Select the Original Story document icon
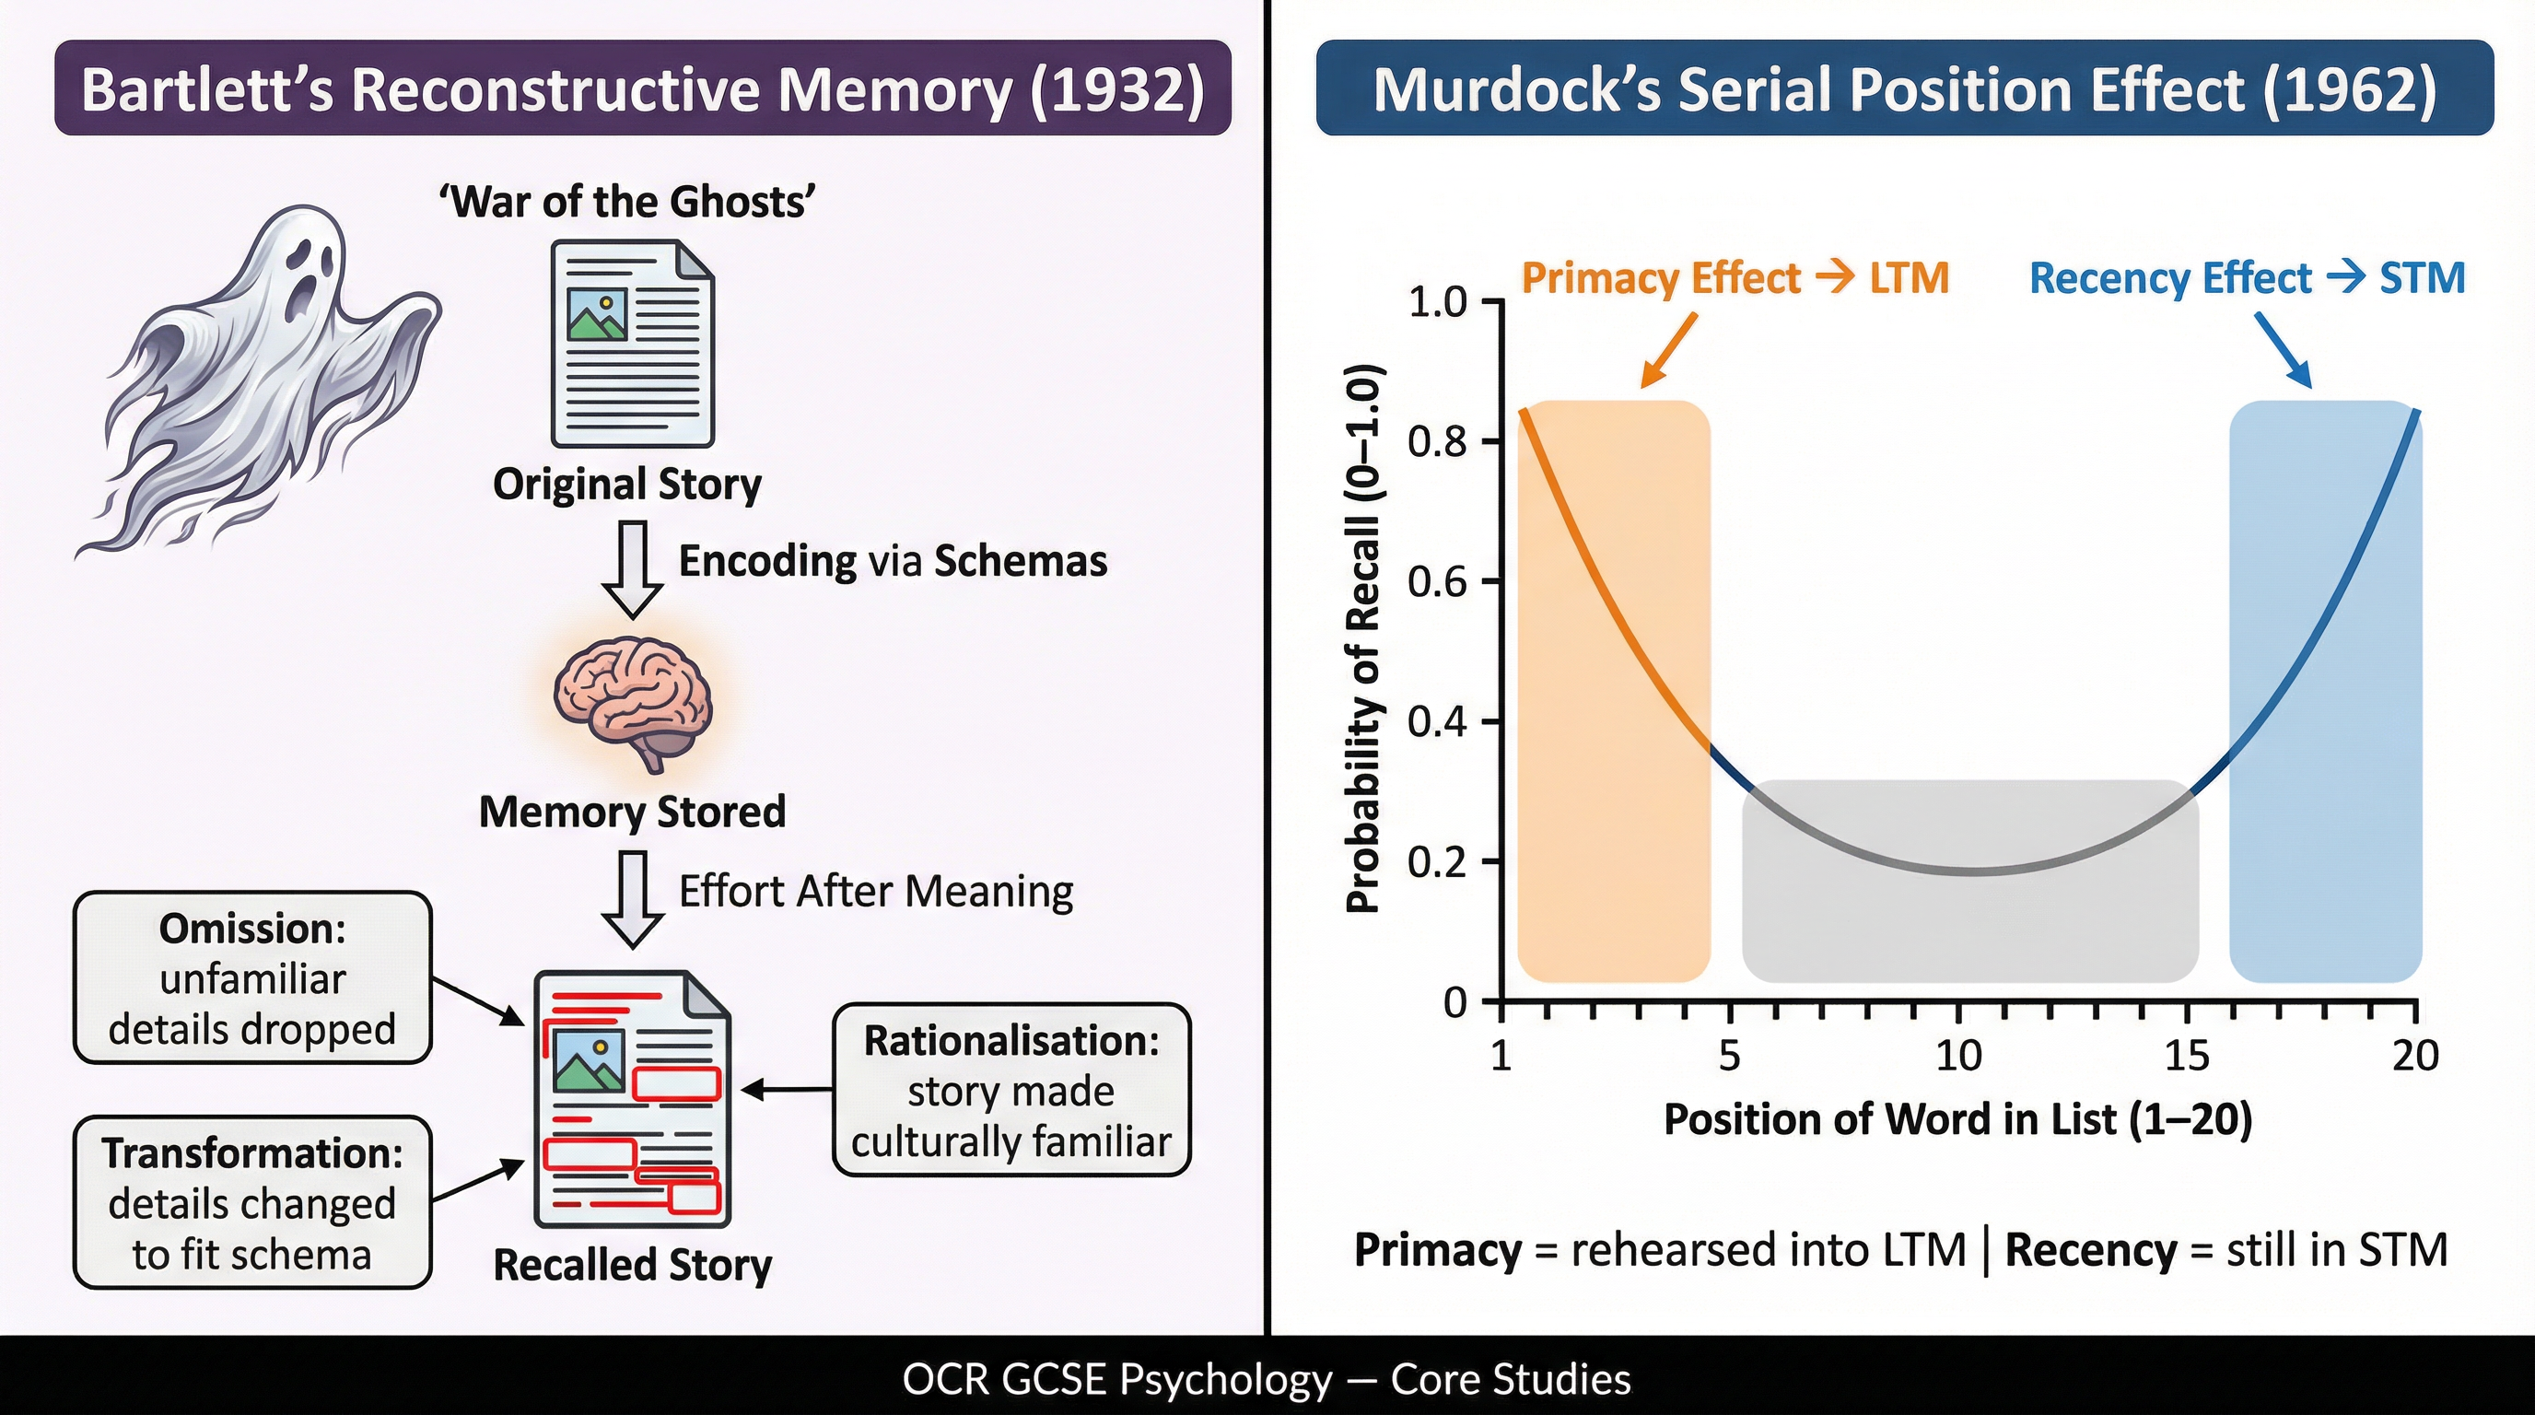632,345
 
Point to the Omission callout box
253,978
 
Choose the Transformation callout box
253,1202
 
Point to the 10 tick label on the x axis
1958,1056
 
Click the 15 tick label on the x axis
2187,1056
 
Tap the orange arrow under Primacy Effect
1670,350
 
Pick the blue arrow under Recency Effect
2284,350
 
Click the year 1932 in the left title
1117,89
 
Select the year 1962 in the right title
2349,89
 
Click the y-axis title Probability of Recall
1364,639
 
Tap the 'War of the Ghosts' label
628,202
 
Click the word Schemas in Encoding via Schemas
1021,561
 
